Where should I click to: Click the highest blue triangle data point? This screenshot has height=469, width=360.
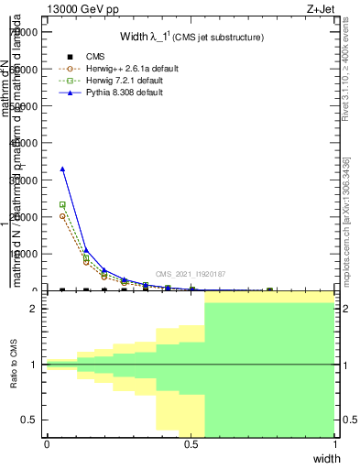62,169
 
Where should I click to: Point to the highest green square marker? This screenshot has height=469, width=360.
62,205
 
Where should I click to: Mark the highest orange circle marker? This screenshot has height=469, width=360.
62,216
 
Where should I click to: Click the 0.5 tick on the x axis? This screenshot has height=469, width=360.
191,445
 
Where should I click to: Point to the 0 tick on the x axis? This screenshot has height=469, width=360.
47,445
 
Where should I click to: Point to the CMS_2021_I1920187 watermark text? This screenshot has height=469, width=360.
191,274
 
